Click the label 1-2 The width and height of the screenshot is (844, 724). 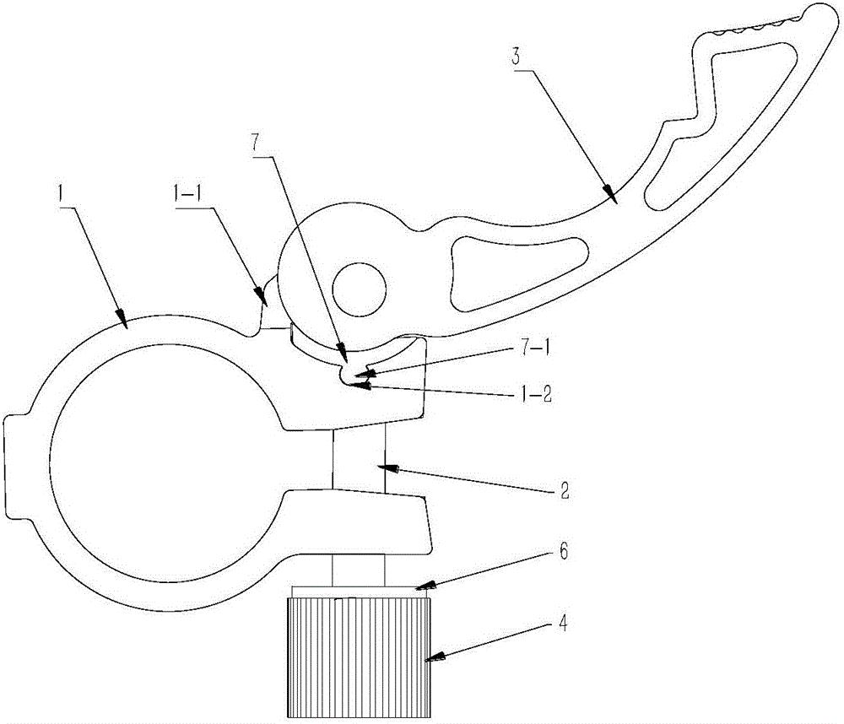tap(538, 397)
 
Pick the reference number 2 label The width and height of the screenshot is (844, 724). tap(563, 491)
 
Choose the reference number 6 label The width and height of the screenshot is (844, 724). tap(563, 553)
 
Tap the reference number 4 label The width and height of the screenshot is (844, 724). tap(563, 625)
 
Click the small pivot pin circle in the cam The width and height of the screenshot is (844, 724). tap(360, 289)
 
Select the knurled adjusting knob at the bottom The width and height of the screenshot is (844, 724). tap(359, 658)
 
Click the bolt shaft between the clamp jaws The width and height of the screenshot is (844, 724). tap(359, 458)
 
